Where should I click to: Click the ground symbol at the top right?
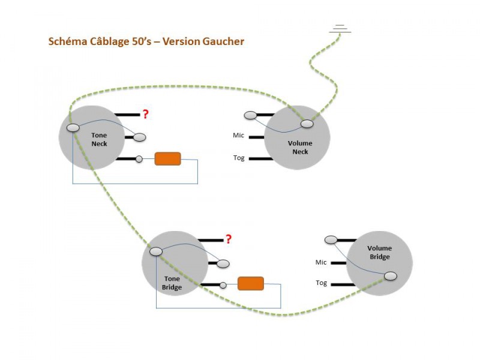[340, 29]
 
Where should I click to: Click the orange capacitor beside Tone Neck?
[168, 159]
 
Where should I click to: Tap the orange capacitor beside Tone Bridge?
[251, 284]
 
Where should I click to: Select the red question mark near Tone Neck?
[145, 113]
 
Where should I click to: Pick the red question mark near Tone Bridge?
[228, 239]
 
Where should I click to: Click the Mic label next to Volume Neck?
[239, 136]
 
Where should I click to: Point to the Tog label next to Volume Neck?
[239, 158]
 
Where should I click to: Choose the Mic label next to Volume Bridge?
[321, 262]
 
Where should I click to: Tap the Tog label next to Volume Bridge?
[322, 283]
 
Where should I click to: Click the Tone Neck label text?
[99, 140]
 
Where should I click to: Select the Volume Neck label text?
[300, 148]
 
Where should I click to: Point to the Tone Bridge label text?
[172, 283]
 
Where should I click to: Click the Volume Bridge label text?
[379, 253]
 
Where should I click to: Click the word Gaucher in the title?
[224, 42]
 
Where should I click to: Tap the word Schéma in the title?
[67, 42]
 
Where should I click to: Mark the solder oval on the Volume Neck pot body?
[307, 124]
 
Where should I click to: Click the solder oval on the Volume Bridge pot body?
[391, 276]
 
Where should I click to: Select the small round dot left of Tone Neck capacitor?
[139, 159]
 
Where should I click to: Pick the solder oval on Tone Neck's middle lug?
[139, 137]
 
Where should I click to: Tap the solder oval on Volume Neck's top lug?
[250, 115]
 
